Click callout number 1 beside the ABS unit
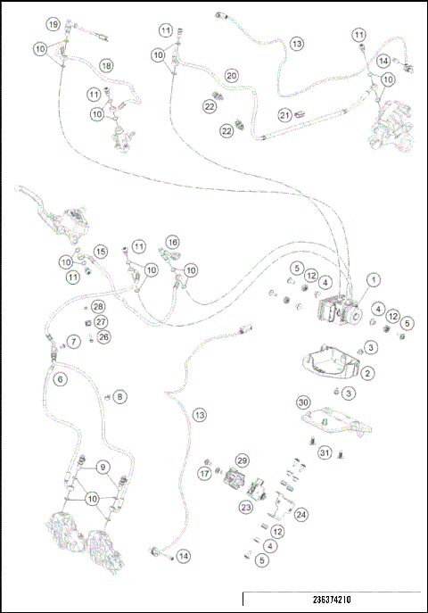374,279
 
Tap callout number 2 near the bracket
367,373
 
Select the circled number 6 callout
60,380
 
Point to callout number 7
74,342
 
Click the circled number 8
120,396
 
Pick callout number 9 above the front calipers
103,467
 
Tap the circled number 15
101,253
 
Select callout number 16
173,242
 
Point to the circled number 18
106,66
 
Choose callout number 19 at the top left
53,23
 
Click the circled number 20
231,76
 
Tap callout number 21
284,114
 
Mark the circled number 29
241,460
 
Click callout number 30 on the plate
303,402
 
